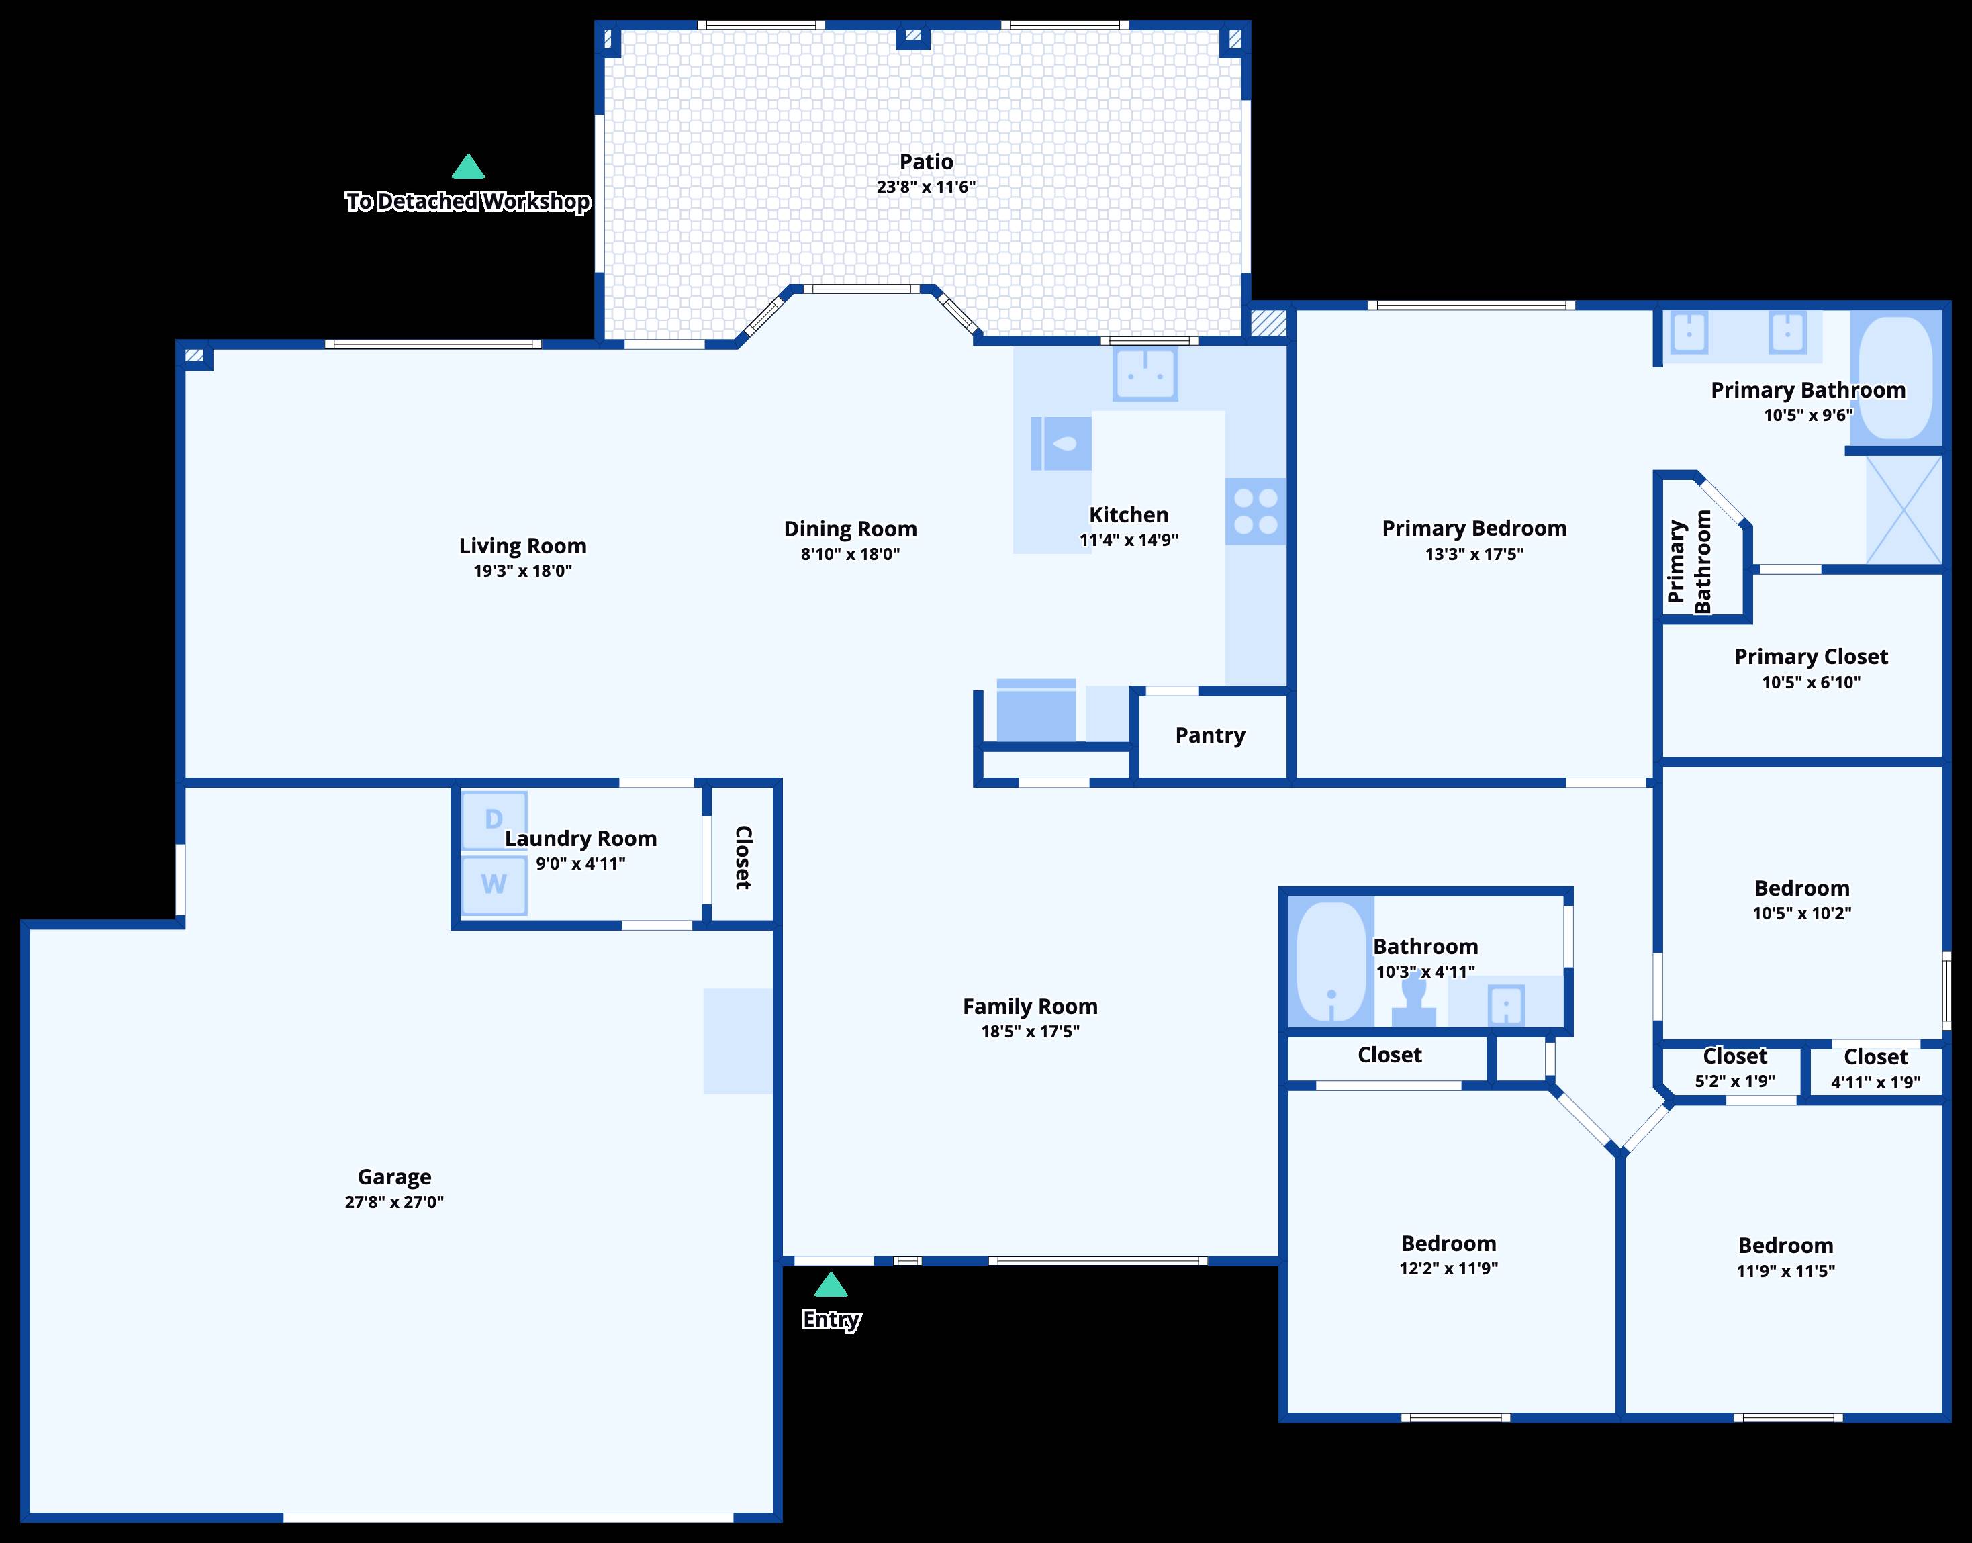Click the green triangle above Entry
pyautogui.click(x=831, y=1284)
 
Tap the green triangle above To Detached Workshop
pyautogui.click(x=468, y=167)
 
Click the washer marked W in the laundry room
pyautogui.click(x=494, y=884)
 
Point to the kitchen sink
pyautogui.click(x=1145, y=373)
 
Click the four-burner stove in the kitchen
pyautogui.click(x=1256, y=512)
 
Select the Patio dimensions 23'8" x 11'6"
pyautogui.click(x=926, y=187)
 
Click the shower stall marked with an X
pyautogui.click(x=1904, y=510)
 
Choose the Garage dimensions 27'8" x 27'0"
pyautogui.click(x=394, y=1201)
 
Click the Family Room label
pyautogui.click(x=1030, y=1007)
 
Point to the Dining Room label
pyautogui.click(x=850, y=529)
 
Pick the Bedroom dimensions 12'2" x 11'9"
pyautogui.click(x=1448, y=1268)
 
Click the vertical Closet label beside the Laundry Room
pyautogui.click(x=743, y=857)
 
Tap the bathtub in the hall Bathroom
pyautogui.click(x=1331, y=962)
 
